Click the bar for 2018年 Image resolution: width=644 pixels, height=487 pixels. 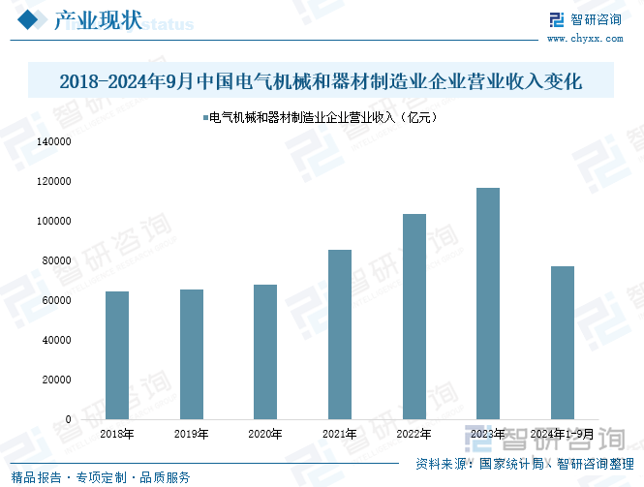pos(117,355)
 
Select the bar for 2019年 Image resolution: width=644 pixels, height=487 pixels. pos(192,354)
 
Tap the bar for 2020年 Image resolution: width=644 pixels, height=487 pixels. pos(265,351)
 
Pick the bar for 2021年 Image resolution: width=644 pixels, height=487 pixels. pos(340,334)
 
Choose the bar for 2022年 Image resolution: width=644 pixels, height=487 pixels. pos(414,317)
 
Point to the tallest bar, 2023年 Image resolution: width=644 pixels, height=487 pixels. pos(488,303)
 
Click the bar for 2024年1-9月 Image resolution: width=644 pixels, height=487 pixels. pos(563,343)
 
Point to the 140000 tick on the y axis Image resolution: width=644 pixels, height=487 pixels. pos(55,141)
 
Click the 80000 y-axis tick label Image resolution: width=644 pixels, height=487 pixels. pos(58,260)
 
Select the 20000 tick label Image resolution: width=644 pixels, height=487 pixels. pos(58,380)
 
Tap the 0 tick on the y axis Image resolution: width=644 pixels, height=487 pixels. pos(69,419)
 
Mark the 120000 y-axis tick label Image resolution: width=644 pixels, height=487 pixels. pos(55,181)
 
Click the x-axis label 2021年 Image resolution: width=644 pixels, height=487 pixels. pos(340,435)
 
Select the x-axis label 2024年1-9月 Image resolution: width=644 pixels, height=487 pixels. pos(563,435)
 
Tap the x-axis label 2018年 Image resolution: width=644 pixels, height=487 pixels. pos(117,435)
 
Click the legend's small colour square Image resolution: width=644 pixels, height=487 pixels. pos(203,118)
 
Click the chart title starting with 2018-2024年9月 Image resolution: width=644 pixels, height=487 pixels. pos(321,81)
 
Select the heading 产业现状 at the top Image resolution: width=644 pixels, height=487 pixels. pos(96,20)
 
